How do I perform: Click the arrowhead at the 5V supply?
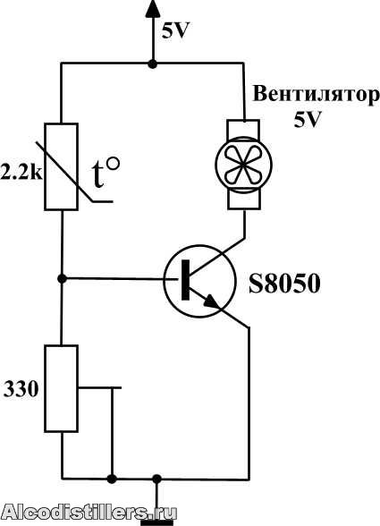153,8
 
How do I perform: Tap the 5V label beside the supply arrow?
175,31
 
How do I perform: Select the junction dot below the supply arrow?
153,64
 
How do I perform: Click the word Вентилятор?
317,95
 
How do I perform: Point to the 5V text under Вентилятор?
308,119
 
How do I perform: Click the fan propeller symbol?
243,165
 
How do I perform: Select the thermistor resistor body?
62,166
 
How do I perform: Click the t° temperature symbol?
106,174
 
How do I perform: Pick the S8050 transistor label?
284,284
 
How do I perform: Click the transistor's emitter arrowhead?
212,301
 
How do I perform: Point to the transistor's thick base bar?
185,279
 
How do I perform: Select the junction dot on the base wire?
62,278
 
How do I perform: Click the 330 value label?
21,389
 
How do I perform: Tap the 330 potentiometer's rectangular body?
62,388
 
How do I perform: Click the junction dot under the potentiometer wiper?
112,479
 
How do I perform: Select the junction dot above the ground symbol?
156,479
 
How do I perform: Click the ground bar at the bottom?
156,522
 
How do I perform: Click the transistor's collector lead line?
217,255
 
